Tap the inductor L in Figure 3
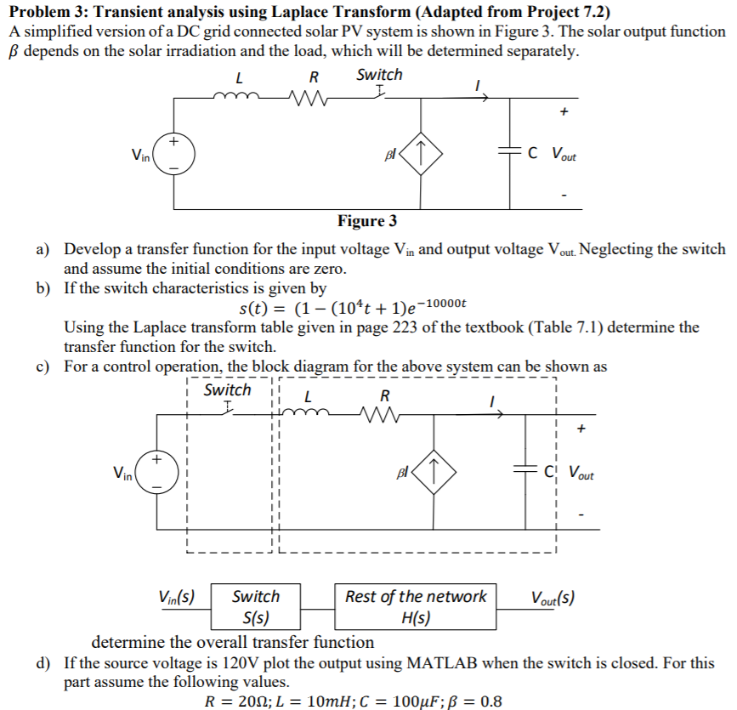tap(241, 99)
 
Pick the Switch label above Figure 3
tap(379, 75)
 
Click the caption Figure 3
tap(367, 222)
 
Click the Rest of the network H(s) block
tap(416, 606)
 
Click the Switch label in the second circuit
tap(227, 390)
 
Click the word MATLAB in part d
tap(460, 663)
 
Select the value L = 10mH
tap(303, 701)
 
